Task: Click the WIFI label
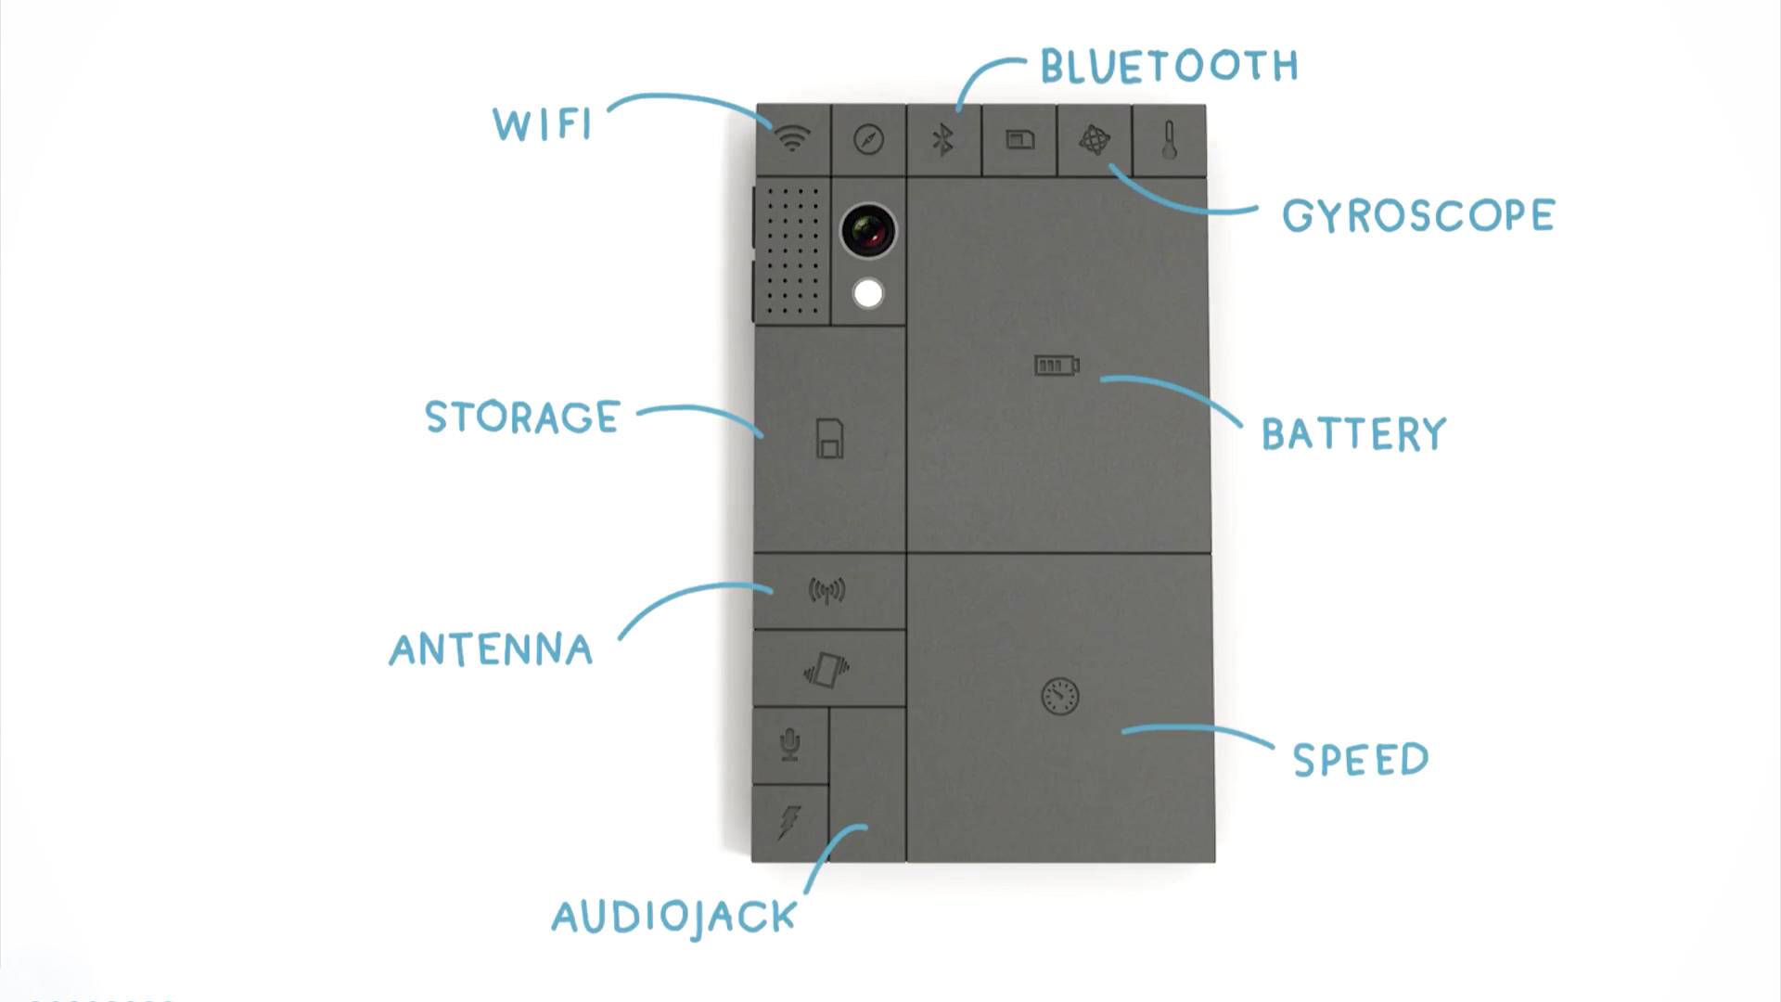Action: tap(543, 124)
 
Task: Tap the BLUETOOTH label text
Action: tap(1169, 66)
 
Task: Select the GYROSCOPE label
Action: tap(1417, 216)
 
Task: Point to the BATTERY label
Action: tap(1353, 434)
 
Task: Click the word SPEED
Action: tap(1360, 760)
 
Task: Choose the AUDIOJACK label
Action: tap(674, 918)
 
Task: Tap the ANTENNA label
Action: tap(491, 649)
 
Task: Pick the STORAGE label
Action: tap(522, 417)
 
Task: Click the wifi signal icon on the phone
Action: tap(792, 139)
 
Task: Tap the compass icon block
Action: tap(868, 140)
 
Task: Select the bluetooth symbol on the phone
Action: tap(943, 140)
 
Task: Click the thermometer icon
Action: tap(1169, 140)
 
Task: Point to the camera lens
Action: tap(868, 231)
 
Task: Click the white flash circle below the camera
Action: tap(868, 294)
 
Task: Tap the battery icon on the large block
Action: tap(1057, 366)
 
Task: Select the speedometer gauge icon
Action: tap(1060, 697)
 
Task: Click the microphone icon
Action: tap(789, 744)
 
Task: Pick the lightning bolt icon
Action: tap(788, 822)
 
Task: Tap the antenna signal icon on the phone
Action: tap(827, 590)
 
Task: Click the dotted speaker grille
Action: tap(792, 250)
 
